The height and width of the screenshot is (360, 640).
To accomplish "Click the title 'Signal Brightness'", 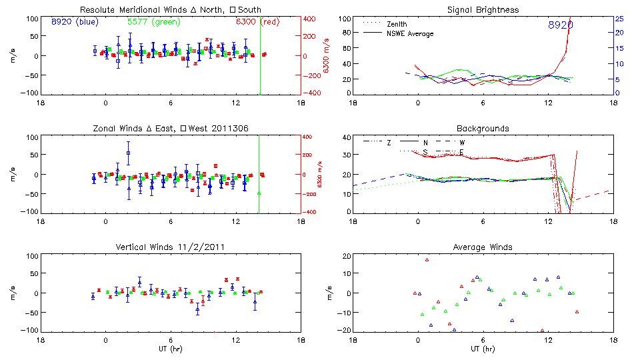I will (x=482, y=10).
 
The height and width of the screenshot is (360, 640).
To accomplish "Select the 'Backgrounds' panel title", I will (x=482, y=128).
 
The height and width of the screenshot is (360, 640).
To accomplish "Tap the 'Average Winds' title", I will (x=482, y=247).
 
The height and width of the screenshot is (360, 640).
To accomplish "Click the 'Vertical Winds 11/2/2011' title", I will (x=171, y=247).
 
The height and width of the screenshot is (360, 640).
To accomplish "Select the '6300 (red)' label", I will (x=257, y=21).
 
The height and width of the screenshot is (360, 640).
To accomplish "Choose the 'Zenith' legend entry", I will (x=397, y=24).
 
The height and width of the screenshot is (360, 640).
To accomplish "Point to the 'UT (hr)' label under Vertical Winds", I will (x=171, y=348).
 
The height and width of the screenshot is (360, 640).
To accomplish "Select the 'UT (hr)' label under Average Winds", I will (x=482, y=348).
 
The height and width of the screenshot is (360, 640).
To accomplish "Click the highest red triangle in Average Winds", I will (x=427, y=259).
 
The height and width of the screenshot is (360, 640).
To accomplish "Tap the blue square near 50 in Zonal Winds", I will (x=128, y=153).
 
